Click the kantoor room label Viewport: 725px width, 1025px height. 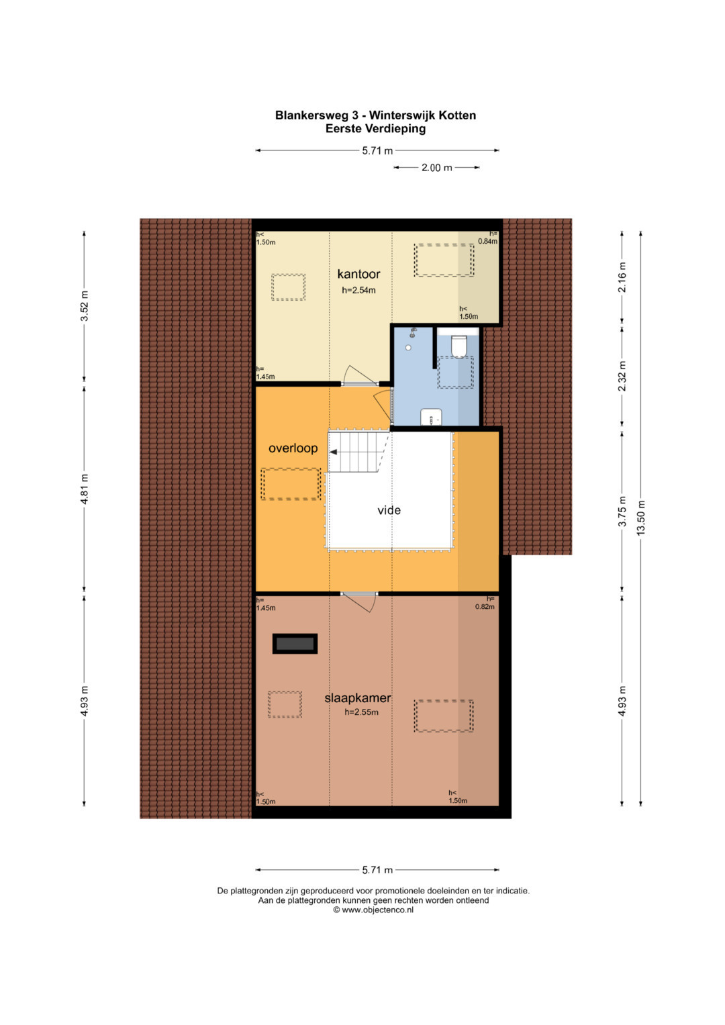pos(358,274)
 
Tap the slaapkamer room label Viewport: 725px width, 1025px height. pos(357,697)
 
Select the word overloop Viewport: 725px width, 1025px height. pos(293,448)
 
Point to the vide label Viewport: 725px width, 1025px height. pos(389,509)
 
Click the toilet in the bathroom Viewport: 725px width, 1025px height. pos(458,346)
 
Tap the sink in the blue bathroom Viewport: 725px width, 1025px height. pos(431,416)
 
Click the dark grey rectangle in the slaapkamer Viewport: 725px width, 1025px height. pos(295,643)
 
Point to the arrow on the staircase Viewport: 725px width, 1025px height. pos(334,452)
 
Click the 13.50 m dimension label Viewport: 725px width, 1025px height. pos(640,518)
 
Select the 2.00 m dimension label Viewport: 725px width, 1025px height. pos(436,168)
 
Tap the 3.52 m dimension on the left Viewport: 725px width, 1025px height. pos(85,305)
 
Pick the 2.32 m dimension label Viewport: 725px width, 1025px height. pos(622,376)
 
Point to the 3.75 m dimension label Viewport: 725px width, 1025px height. pos(622,511)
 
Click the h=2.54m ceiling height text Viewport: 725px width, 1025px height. pos(358,290)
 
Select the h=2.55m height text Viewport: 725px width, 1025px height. pos(362,712)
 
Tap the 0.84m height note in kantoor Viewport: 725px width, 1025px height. pos(487,241)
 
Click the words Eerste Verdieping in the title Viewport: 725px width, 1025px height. pos(375,129)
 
